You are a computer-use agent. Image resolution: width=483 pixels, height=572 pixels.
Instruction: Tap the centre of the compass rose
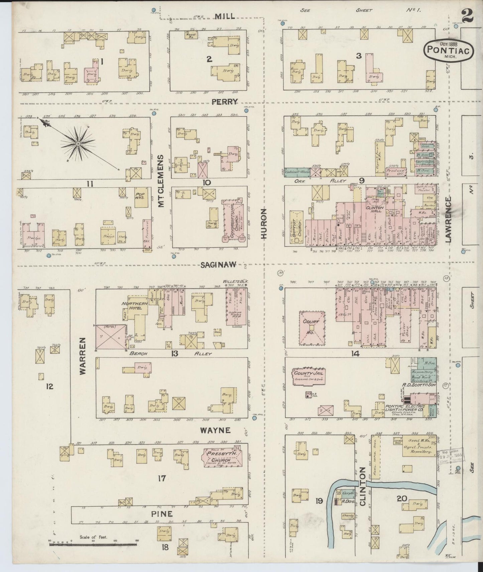[78, 144]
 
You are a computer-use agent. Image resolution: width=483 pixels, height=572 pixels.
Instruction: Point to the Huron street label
[264, 223]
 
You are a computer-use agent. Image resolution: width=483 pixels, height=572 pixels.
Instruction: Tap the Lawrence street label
[448, 219]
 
